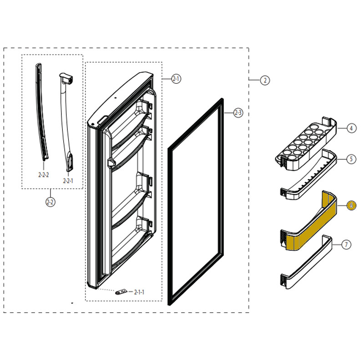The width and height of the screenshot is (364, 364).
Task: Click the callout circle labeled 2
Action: tap(265, 80)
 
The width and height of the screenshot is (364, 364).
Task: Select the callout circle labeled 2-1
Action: tap(176, 79)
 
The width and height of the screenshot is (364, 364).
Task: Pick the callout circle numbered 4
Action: tap(351, 128)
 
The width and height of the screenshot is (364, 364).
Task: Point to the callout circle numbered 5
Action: tap(351, 159)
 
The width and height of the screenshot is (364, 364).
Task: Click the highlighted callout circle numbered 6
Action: tap(351, 205)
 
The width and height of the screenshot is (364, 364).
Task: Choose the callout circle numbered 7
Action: tap(347, 244)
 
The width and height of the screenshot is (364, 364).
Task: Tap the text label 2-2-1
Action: tap(68, 181)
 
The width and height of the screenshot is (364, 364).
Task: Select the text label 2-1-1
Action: tap(139, 292)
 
